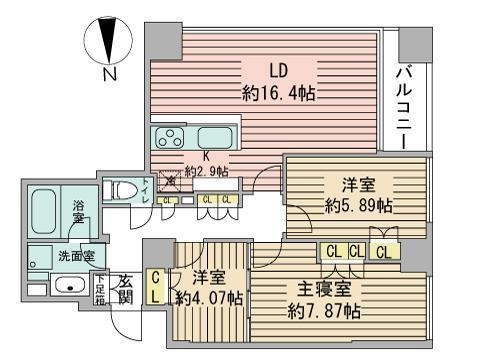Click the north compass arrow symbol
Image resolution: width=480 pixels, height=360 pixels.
coord(110,39)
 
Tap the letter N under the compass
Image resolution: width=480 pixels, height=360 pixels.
coord(110,74)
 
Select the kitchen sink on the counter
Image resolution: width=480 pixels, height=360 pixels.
coord(214,138)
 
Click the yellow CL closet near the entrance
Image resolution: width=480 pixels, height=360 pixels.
coord(157,288)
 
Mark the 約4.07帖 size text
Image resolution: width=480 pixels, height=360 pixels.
coord(208,298)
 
